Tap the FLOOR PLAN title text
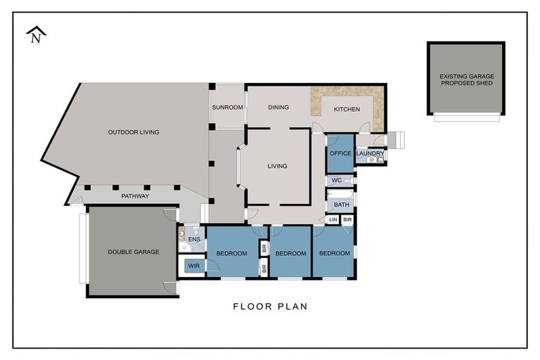(x=270, y=307)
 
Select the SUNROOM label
(x=227, y=108)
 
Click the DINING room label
(x=279, y=108)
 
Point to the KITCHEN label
(x=347, y=109)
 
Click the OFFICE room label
(x=340, y=153)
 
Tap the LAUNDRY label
(x=370, y=153)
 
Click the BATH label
(x=342, y=205)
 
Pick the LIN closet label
(x=333, y=220)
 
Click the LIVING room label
(x=278, y=167)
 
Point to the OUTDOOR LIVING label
(x=134, y=132)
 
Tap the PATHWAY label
(x=134, y=196)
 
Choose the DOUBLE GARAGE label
(x=134, y=252)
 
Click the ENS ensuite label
(x=194, y=240)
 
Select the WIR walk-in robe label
(x=193, y=266)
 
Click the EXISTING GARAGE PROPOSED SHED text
(x=465, y=79)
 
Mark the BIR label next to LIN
(x=347, y=220)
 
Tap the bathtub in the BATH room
(x=342, y=193)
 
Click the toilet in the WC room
(x=347, y=181)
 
